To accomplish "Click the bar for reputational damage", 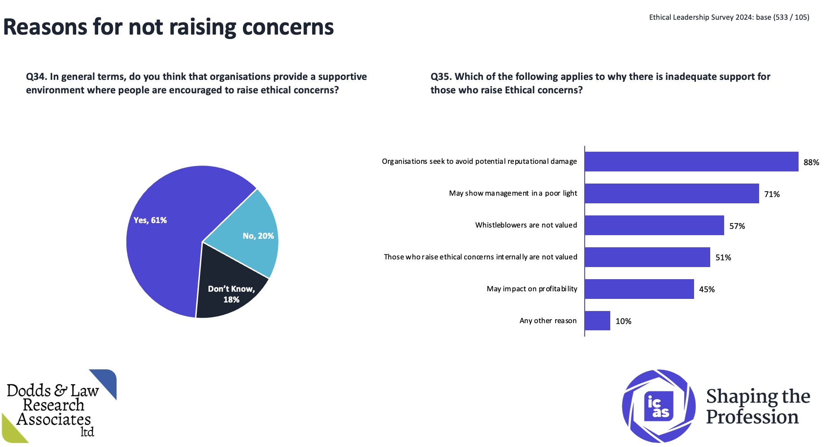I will click(x=691, y=162).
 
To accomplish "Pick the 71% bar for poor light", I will click(x=672, y=193).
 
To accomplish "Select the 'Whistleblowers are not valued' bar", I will click(x=654, y=225).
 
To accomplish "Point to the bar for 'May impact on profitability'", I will click(x=639, y=289).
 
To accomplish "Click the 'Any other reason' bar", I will click(x=597, y=321).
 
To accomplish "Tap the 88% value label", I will click(x=811, y=162).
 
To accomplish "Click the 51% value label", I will click(x=723, y=258).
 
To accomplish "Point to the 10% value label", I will click(x=623, y=321).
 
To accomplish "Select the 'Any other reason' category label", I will click(x=548, y=321).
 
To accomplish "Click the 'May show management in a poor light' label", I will click(x=513, y=193).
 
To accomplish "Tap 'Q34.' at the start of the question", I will click(x=36, y=77).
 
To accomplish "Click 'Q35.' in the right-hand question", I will click(x=441, y=77).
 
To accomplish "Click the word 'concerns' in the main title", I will click(x=288, y=27).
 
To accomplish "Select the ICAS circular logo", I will click(x=658, y=406).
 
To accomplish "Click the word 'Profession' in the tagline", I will click(x=752, y=417).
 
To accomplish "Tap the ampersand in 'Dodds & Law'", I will click(x=61, y=390).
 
